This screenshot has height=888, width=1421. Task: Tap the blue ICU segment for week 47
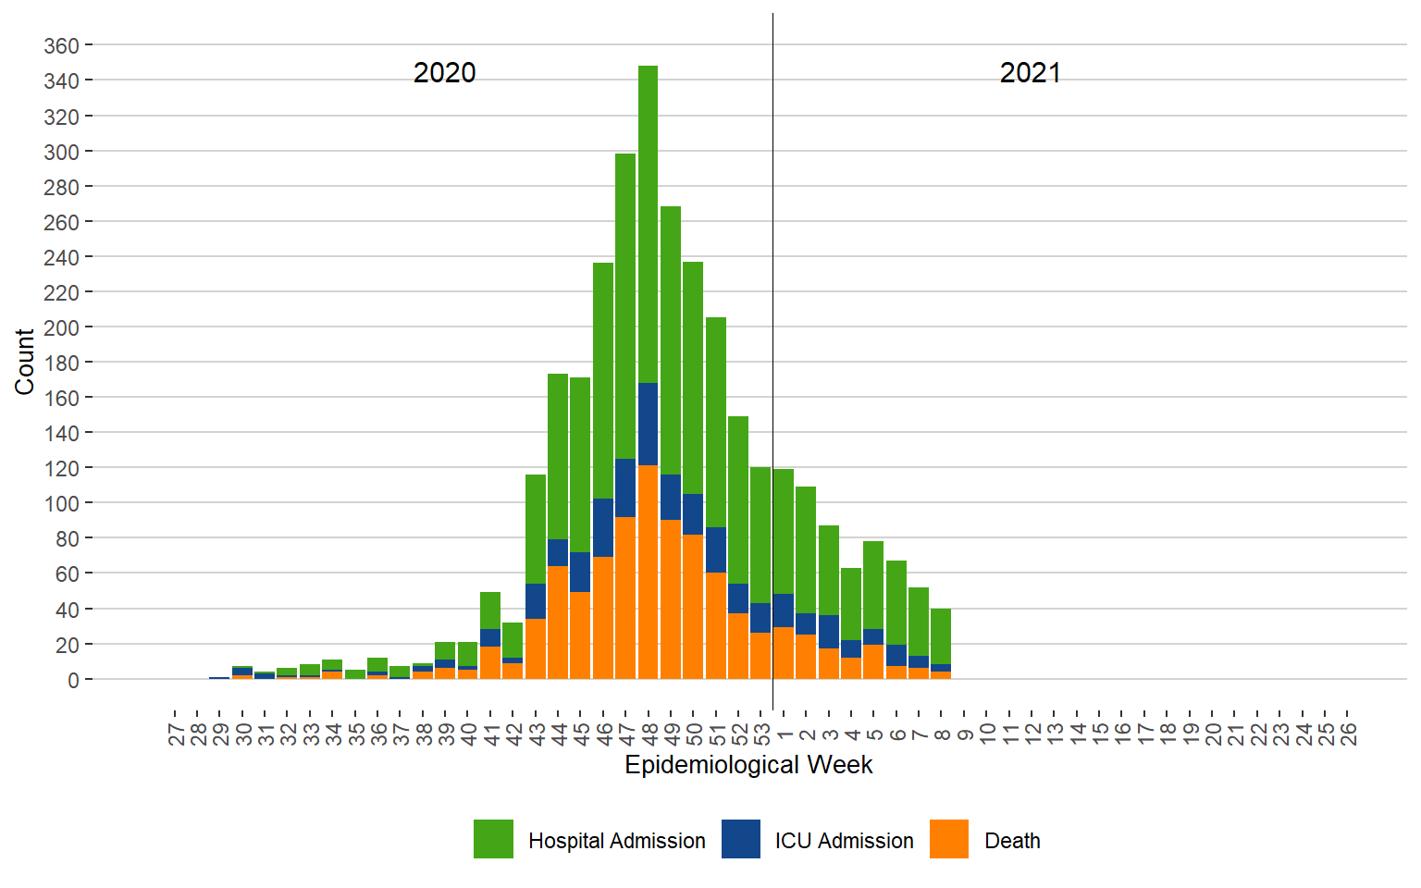625,487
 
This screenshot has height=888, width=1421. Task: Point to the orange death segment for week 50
693,607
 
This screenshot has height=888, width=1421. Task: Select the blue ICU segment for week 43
536,601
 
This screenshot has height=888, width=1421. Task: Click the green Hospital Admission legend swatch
493,839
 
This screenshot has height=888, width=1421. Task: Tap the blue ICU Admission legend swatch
741,839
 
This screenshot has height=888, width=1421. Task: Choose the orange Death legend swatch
949,839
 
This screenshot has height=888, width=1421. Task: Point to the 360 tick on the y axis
61,45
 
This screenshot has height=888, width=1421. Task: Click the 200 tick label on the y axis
61,327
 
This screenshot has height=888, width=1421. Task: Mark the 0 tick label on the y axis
73,680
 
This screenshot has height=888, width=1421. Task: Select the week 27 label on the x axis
176,734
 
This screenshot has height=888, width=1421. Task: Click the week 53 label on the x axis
761,734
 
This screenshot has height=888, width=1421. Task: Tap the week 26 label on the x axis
1348,734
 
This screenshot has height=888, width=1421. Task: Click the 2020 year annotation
444,73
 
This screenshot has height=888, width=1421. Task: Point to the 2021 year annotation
1030,73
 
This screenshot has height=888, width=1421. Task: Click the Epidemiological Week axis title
748,765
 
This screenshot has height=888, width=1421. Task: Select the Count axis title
24,362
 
